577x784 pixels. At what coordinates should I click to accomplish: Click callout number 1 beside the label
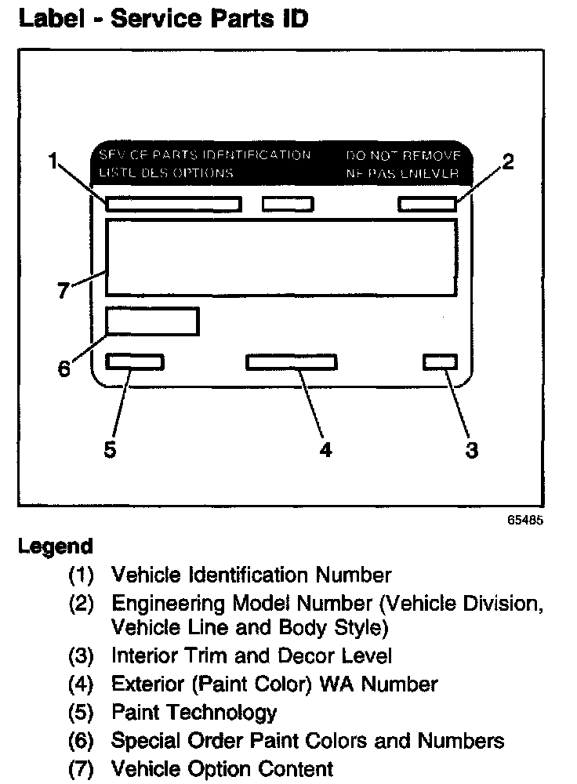[x=53, y=163]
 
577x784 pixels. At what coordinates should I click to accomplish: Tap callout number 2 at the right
[x=507, y=163]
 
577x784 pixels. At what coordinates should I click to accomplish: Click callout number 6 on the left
[x=64, y=368]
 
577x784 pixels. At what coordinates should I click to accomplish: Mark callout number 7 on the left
[x=64, y=291]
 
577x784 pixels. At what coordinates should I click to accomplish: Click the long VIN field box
[x=173, y=205]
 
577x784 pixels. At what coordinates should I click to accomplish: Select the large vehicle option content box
[x=281, y=257]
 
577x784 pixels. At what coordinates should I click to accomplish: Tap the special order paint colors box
[x=152, y=321]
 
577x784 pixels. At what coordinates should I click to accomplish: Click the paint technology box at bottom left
[x=135, y=361]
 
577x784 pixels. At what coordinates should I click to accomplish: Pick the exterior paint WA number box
[x=291, y=361]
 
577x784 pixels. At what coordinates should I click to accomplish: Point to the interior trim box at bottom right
[x=439, y=361]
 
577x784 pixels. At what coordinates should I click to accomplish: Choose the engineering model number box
[x=426, y=205]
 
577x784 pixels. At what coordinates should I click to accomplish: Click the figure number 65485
[x=524, y=520]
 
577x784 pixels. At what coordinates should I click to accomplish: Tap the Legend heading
[x=55, y=546]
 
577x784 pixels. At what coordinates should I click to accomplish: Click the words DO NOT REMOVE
[x=402, y=155]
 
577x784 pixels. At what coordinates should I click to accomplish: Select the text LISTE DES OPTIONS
[x=165, y=172]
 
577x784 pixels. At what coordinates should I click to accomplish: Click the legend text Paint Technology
[x=194, y=712]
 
